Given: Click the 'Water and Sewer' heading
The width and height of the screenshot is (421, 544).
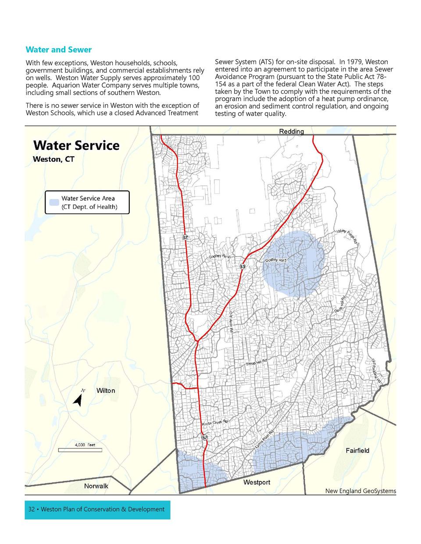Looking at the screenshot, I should (x=58, y=49).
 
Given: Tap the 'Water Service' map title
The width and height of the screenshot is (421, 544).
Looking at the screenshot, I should (x=76, y=145).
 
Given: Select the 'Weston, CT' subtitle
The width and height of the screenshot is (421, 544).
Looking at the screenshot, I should (x=54, y=159).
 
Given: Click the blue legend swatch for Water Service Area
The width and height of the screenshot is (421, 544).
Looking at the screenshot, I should (x=54, y=202).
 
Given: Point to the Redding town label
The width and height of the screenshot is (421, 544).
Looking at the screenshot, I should (x=291, y=131).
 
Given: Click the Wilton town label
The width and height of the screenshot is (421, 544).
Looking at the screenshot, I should (x=105, y=391).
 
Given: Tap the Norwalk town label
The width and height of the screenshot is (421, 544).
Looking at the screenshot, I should (x=96, y=486).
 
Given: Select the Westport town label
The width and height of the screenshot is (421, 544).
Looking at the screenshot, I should (x=257, y=482).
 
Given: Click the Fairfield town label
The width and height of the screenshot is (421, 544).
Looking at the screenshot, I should (x=357, y=451).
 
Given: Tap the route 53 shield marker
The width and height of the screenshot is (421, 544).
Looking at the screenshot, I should (x=243, y=267).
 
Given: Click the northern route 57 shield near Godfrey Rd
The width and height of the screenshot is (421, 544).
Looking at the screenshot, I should (x=186, y=237).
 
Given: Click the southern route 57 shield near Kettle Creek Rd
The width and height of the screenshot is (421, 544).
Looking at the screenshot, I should (x=205, y=438).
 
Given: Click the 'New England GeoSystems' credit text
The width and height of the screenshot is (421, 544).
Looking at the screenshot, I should (x=360, y=491).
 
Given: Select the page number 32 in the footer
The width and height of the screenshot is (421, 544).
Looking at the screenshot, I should (x=31, y=509).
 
